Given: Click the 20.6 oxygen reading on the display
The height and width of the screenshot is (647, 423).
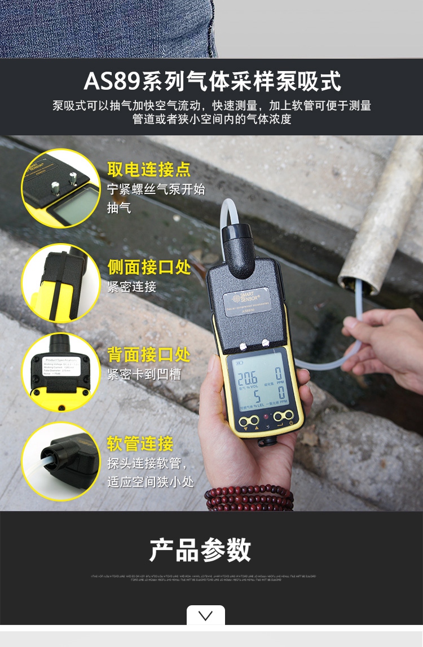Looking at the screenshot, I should (x=246, y=378).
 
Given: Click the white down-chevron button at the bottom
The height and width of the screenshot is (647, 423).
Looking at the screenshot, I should (x=206, y=615).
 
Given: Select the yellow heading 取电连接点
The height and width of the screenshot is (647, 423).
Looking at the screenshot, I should (x=149, y=170).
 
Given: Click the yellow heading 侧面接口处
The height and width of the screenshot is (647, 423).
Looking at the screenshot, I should (x=149, y=267).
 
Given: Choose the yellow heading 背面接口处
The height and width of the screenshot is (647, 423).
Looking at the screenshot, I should (x=149, y=355).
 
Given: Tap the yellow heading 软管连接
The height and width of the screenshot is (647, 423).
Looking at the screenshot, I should (x=140, y=443).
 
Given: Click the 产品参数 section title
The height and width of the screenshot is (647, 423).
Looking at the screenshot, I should (x=200, y=550).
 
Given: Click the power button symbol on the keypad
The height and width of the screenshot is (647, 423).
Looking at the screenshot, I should (x=290, y=423).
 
